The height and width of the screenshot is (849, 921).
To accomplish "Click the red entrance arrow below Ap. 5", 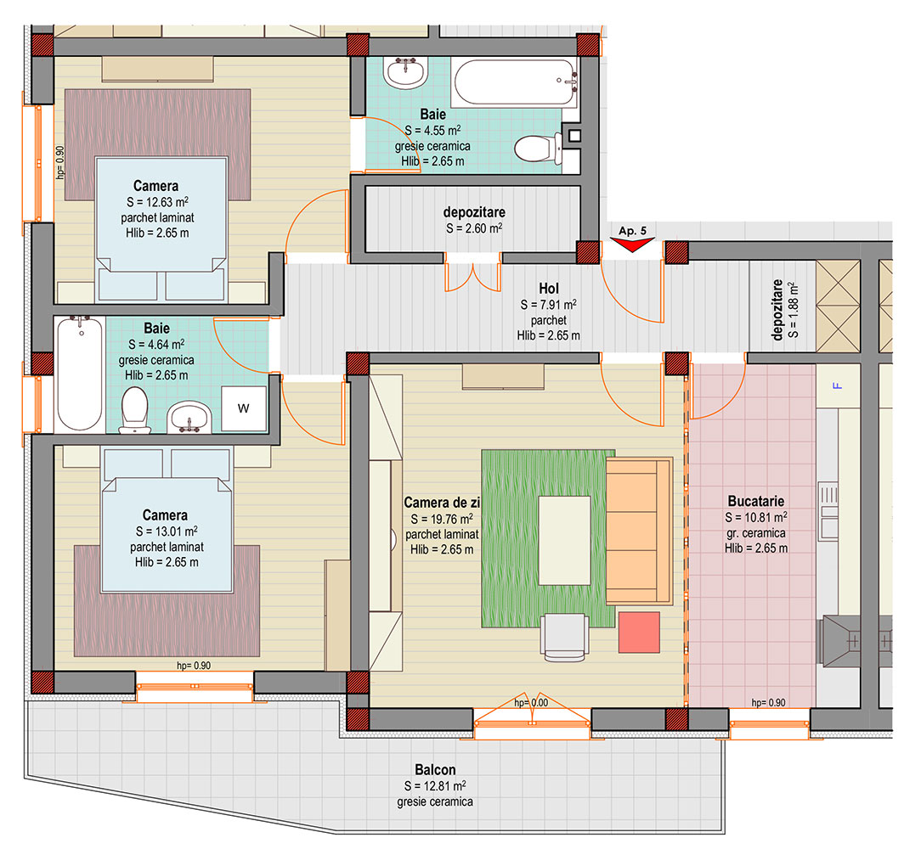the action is click(x=632, y=245).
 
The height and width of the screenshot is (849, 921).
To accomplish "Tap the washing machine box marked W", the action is click(x=244, y=408).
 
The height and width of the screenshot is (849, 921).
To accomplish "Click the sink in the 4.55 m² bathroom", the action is click(x=405, y=73).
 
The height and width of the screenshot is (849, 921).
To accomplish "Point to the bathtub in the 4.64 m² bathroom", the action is click(x=80, y=374).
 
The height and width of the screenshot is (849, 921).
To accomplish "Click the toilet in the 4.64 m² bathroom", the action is click(x=134, y=410).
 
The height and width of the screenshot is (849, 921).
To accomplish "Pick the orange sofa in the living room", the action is click(x=639, y=531).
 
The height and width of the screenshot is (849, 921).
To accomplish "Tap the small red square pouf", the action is click(x=639, y=633).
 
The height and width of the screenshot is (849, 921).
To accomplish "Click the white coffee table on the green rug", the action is click(x=564, y=541).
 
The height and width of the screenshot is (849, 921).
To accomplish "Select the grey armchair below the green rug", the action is click(x=564, y=637).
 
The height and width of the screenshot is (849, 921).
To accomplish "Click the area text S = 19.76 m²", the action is click(x=442, y=519).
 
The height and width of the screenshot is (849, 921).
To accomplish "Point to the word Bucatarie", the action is click(x=756, y=501).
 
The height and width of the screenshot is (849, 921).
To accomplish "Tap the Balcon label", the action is click(x=435, y=770).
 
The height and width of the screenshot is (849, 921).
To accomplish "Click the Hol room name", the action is click(x=549, y=289).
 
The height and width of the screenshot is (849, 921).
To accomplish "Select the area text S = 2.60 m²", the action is click(x=474, y=228).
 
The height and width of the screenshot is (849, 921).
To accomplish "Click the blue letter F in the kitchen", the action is click(x=838, y=385).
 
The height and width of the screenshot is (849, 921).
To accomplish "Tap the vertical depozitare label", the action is click(x=777, y=309).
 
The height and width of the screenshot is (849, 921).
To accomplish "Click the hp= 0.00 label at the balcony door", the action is click(x=531, y=702).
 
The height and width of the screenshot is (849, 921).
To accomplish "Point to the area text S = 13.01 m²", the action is click(x=167, y=531).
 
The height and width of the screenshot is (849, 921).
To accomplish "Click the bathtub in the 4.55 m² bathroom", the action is click(x=516, y=82).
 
